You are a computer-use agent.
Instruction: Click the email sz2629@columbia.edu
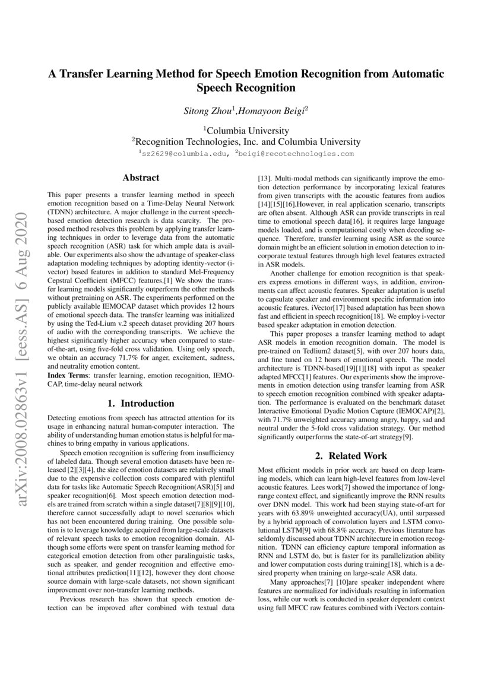[x=184, y=153]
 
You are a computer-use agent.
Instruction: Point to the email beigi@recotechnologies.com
[x=296, y=153]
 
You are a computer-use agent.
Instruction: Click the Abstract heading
[x=141, y=178]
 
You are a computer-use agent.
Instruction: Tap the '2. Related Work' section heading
[x=350, y=456]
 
